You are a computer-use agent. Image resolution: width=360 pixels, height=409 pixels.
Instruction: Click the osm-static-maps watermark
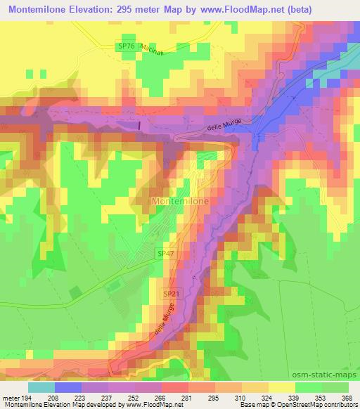pos(324,375)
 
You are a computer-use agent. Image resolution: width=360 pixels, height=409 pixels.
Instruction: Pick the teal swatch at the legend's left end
pos(41,387)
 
